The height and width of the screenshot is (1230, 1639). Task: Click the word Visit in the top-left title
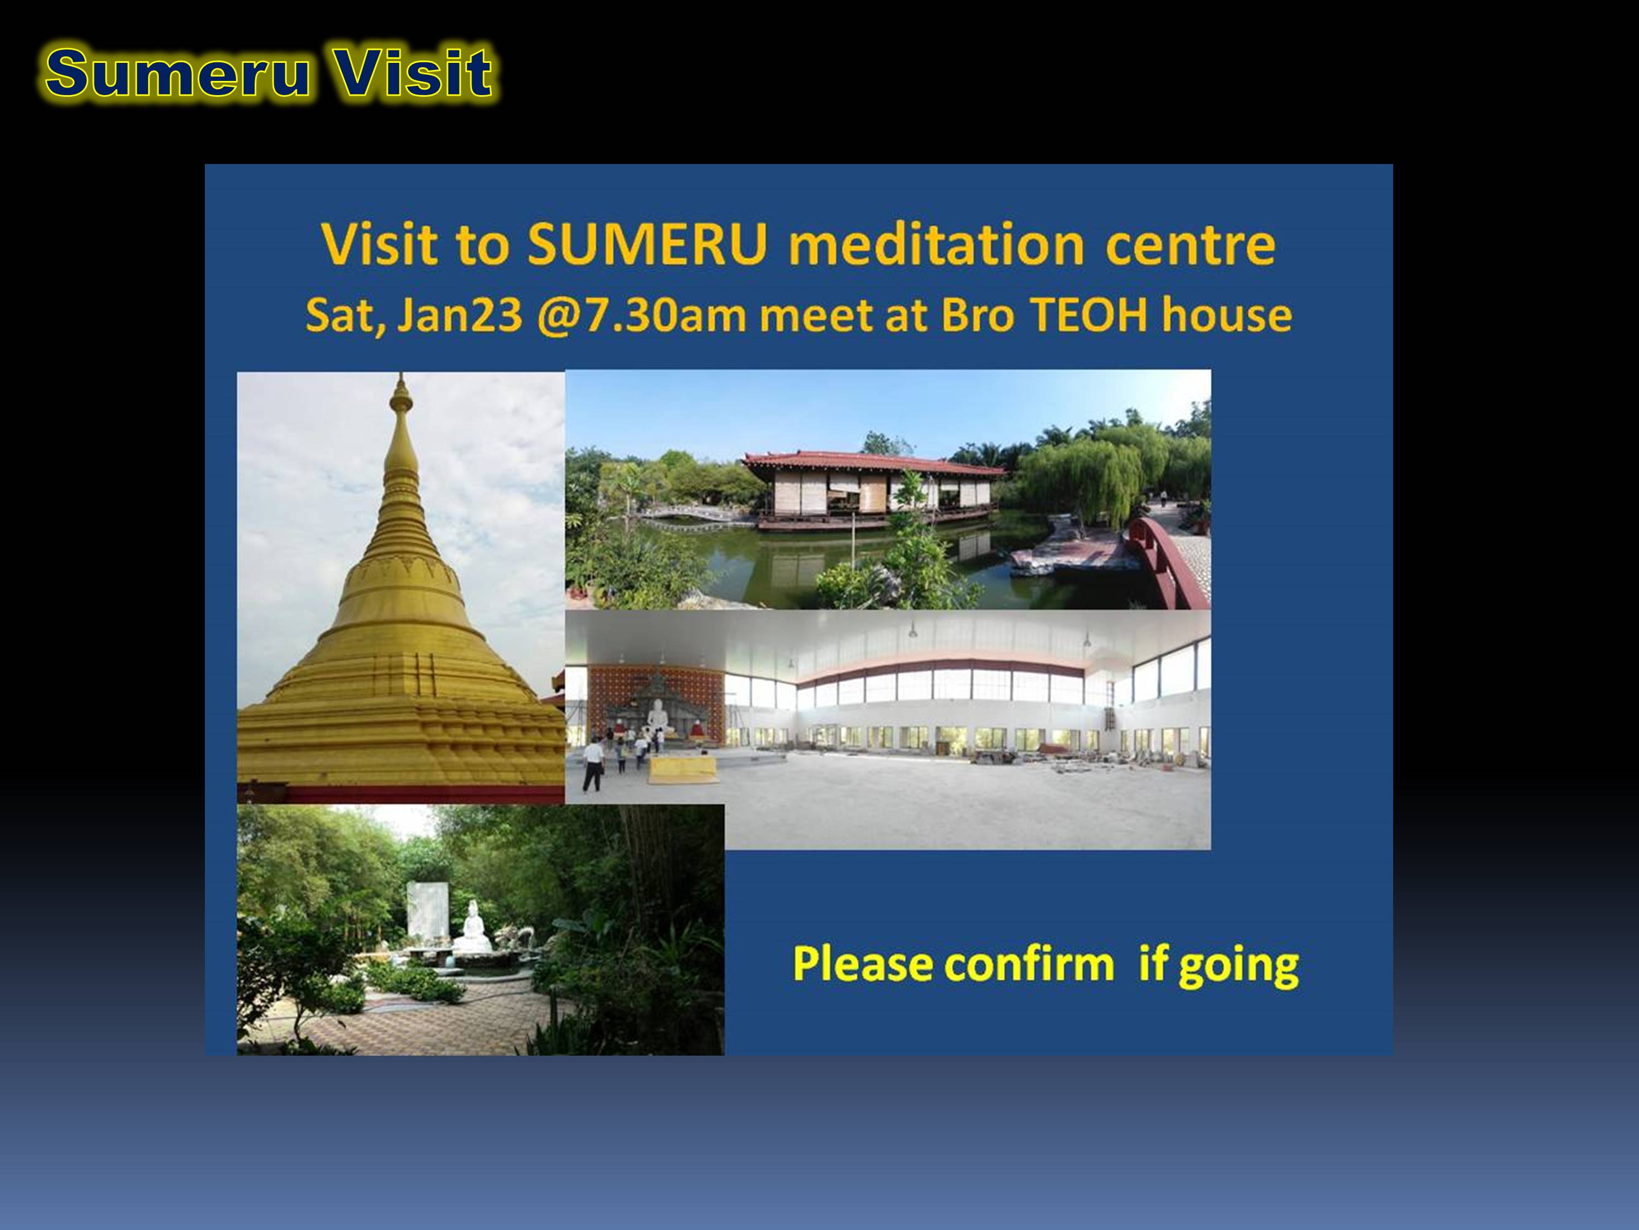(412, 73)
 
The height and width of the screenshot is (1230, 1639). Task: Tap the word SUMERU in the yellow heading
(647, 244)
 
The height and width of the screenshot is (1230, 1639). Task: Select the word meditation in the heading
(936, 244)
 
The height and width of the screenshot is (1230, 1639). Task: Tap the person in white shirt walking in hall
(592, 764)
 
